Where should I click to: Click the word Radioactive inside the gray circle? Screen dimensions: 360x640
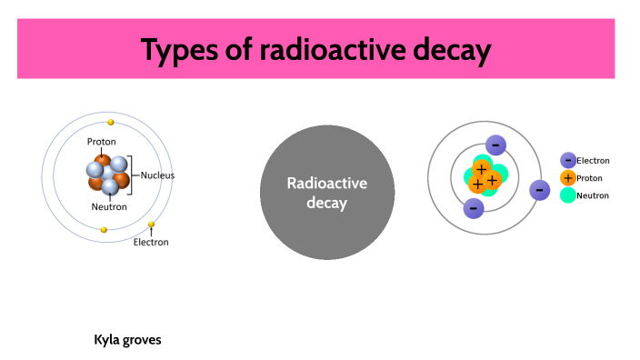[326, 183]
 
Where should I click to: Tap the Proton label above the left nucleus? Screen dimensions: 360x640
[101, 142]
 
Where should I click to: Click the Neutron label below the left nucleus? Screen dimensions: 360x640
[109, 206]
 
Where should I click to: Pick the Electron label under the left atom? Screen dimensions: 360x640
[151, 242]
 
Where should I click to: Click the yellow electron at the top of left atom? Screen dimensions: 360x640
[111, 122]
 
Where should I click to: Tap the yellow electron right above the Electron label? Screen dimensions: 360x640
[151, 225]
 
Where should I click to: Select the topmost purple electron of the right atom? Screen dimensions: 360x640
[495, 145]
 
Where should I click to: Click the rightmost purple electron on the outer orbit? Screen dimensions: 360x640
[539, 190]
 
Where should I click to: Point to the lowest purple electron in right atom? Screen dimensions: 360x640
[473, 208]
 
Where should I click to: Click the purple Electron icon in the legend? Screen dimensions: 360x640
[568, 160]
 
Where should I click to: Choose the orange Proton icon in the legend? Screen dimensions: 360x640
[568, 178]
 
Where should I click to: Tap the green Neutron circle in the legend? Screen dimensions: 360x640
[568, 195]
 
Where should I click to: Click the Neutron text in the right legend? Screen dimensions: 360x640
[593, 195]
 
